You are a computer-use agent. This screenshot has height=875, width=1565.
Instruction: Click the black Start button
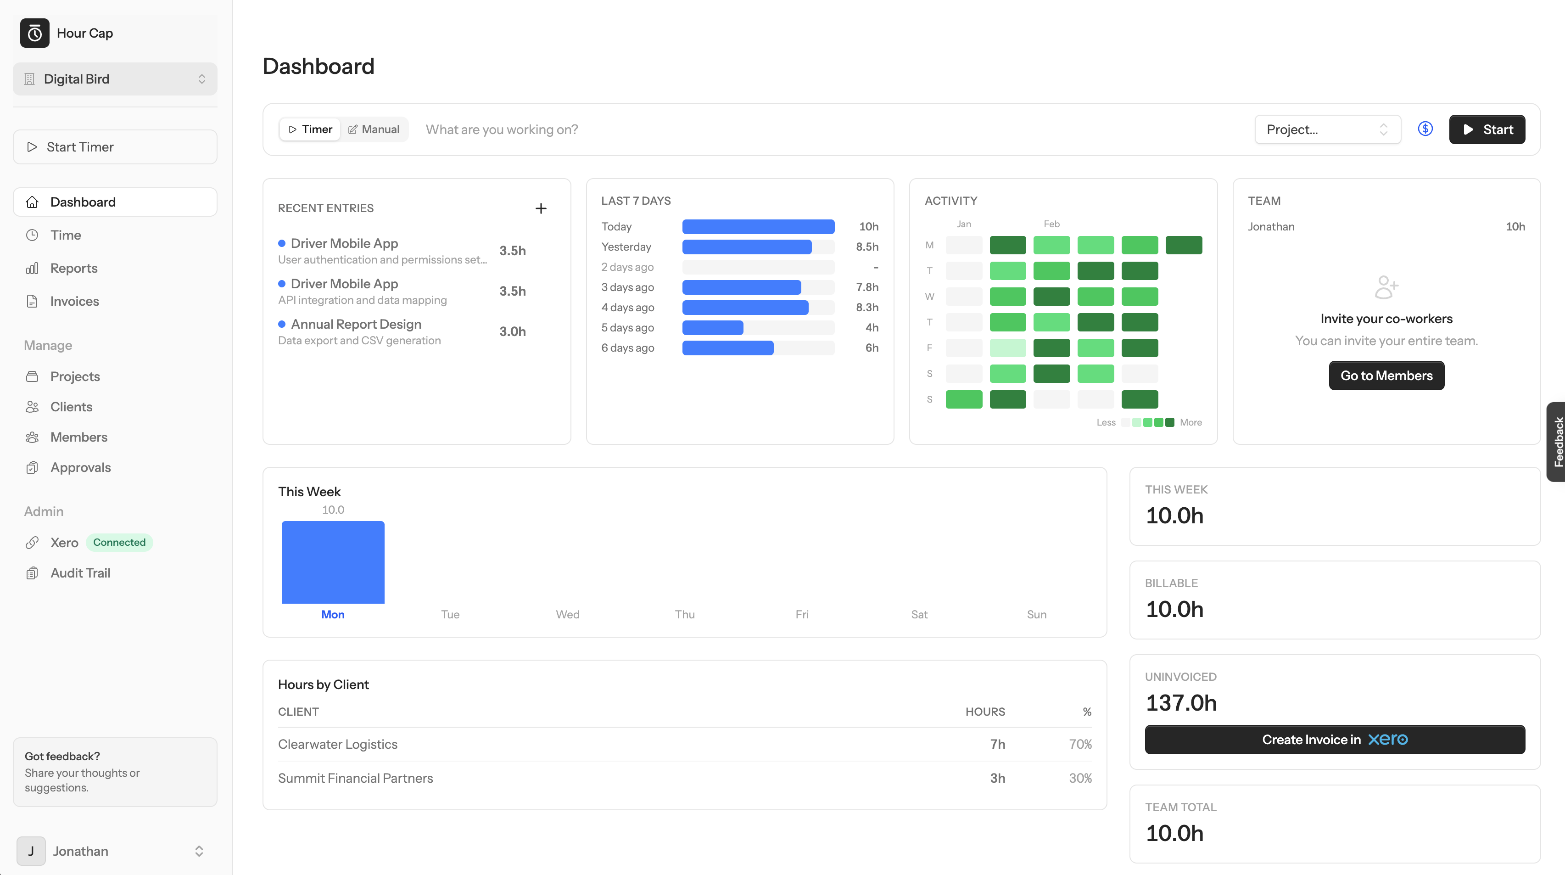point(1486,129)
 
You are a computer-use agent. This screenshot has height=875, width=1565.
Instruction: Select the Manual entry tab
point(374,129)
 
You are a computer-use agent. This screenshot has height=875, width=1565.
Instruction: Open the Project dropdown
point(1327,129)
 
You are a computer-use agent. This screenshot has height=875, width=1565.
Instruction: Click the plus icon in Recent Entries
point(541,208)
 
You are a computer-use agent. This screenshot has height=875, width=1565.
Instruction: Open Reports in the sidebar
point(73,268)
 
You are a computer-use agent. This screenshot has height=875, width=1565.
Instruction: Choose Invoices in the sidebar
point(74,302)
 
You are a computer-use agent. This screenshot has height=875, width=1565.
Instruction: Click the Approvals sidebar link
point(80,467)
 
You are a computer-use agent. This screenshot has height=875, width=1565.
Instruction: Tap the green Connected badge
point(119,542)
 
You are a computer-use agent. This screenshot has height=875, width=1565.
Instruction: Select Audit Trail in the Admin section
point(80,573)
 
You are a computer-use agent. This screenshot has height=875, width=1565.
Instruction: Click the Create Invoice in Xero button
point(1334,740)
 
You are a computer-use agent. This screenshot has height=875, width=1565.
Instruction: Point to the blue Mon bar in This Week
point(333,562)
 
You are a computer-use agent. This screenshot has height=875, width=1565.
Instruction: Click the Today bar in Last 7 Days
point(758,227)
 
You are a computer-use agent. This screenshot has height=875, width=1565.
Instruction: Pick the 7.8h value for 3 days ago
point(866,287)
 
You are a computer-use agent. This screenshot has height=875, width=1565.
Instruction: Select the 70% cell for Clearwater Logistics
point(1079,744)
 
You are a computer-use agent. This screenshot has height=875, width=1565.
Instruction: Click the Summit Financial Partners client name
point(355,779)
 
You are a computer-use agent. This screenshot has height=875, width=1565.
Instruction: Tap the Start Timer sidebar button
point(115,147)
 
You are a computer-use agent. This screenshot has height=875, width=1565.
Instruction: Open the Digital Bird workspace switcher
point(115,79)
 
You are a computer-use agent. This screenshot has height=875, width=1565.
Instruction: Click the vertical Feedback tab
point(1556,442)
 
